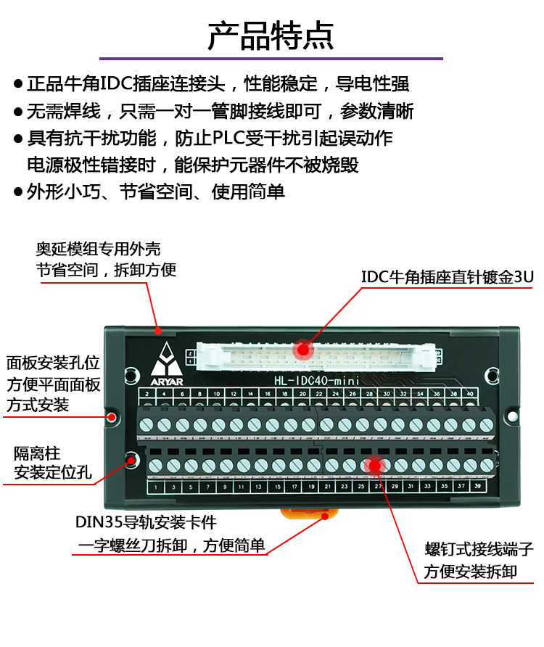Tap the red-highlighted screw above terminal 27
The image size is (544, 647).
tap(375, 465)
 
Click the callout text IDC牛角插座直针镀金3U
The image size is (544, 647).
tap(448, 277)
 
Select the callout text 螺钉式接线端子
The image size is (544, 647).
tap(479, 549)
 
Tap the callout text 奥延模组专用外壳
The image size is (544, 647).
tap(99, 249)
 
